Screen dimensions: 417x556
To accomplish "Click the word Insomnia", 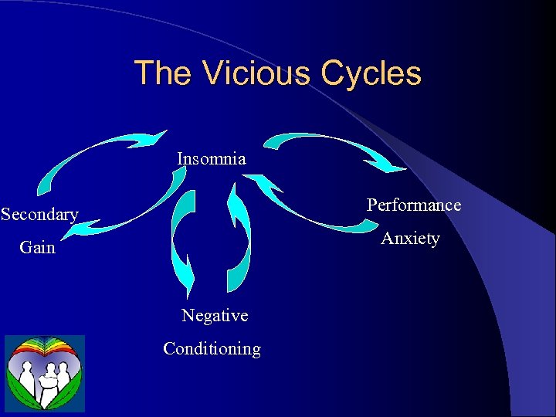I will [211, 159].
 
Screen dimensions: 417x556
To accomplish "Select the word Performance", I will [413, 205].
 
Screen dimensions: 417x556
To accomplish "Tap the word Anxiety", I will [410, 238].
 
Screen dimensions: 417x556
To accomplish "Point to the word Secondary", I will [39, 214].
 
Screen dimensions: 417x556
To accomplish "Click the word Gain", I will [37, 247].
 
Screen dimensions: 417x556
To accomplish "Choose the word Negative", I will [215, 315].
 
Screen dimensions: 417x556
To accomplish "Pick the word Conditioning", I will [212, 348].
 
